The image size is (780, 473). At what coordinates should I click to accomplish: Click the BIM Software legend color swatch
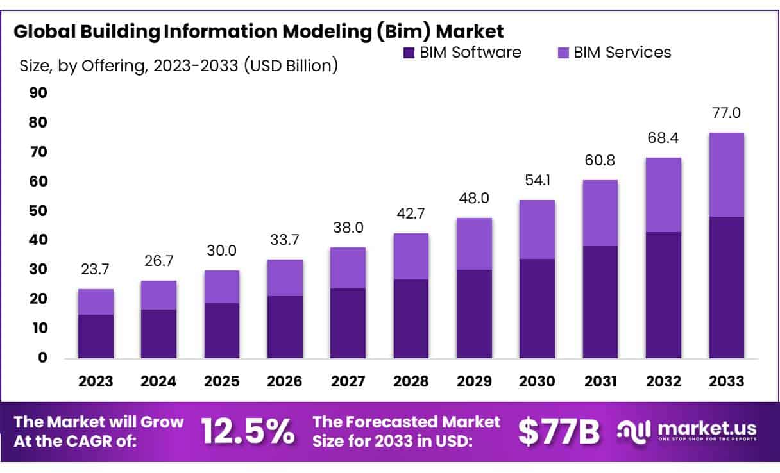coord(409,53)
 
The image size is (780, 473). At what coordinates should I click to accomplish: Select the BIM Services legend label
coord(622,53)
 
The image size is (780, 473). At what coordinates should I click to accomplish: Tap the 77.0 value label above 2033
coord(726,113)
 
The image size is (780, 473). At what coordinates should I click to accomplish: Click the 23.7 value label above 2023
coord(96,270)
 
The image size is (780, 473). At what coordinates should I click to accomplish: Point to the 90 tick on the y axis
coord(38,94)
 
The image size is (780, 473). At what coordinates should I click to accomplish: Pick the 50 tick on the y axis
coord(38,211)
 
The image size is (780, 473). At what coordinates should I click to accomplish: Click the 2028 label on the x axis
coord(411,381)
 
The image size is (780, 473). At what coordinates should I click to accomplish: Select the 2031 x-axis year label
coord(600,381)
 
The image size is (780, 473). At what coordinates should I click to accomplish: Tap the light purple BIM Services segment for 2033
coord(726,174)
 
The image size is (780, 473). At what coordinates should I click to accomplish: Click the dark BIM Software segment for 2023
coord(96,336)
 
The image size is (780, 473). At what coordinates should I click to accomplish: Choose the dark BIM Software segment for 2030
coord(537,308)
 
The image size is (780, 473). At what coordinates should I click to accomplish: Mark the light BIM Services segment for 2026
coord(285,278)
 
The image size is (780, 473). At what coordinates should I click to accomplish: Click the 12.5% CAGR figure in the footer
coord(248,432)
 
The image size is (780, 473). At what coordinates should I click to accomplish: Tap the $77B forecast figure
coord(559,432)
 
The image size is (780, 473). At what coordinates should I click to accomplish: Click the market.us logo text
coord(706,428)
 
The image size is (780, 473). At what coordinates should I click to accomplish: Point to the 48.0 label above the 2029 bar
coord(474,199)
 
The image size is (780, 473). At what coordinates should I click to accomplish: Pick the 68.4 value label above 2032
coord(663,138)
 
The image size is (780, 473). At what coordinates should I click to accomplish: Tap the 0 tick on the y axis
coord(42,358)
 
